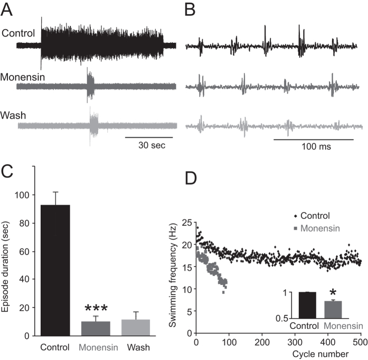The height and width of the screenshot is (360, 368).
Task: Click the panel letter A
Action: [7, 7]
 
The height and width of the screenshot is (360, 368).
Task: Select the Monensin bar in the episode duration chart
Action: [96, 328]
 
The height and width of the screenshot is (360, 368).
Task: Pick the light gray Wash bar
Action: [136, 327]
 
